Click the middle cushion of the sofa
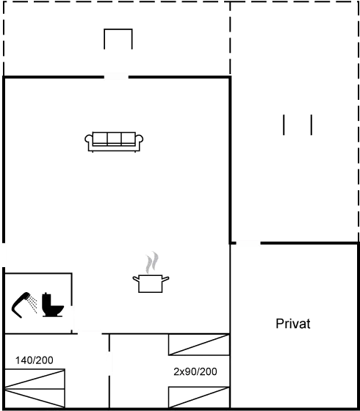tap(114, 138)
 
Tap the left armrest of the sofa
tap(89, 140)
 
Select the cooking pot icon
tap(151, 283)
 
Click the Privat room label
tap(293, 324)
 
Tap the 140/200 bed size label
tap(34, 360)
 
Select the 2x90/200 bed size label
tap(195, 371)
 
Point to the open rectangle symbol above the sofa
tap(118, 40)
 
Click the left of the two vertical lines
tap(284, 125)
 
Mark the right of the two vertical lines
tap(311, 125)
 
